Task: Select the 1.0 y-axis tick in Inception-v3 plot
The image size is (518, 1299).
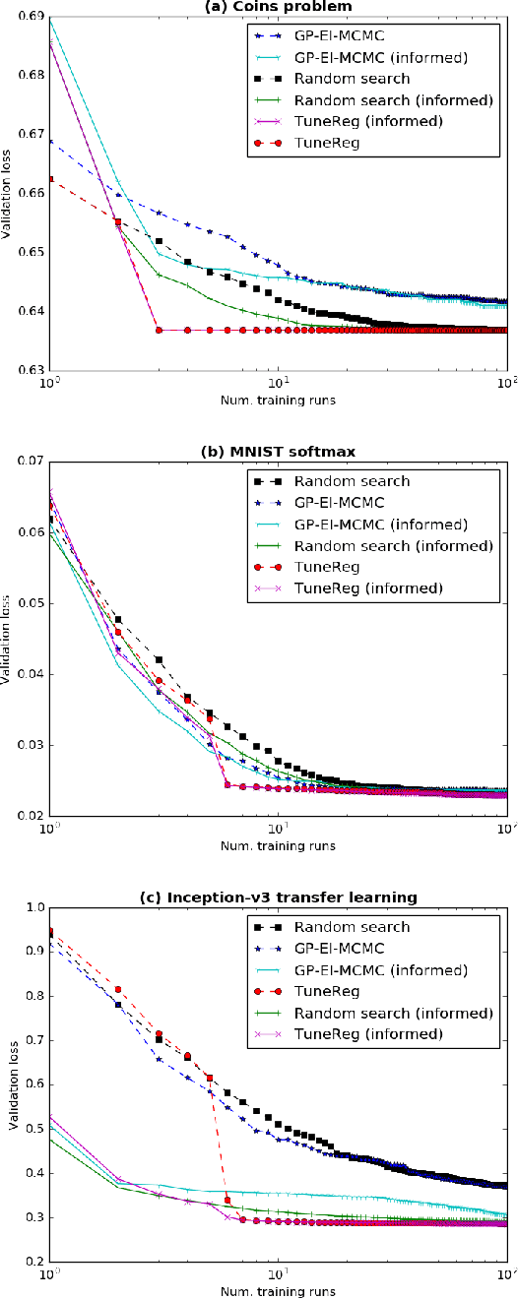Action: click(x=34, y=906)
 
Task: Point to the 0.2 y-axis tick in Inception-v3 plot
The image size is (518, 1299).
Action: click(x=34, y=1262)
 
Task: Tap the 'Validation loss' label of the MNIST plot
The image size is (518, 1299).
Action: click(x=9, y=639)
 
